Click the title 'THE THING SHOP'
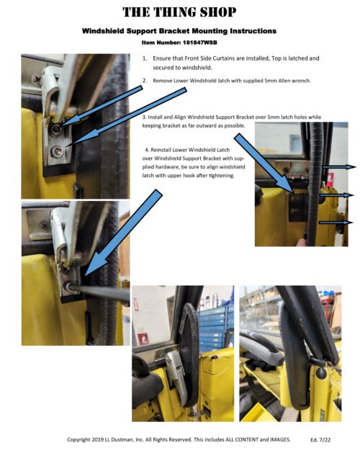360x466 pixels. point(179,12)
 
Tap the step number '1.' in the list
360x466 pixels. point(145,58)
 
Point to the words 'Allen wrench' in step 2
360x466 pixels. point(292,81)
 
